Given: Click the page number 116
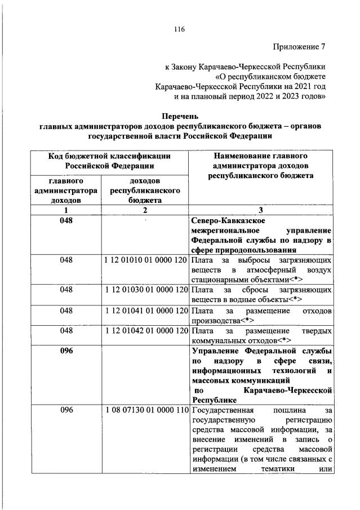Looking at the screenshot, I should [180, 29].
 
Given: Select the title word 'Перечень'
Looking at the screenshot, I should [180, 117].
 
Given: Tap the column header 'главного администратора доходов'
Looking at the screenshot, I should [66, 190].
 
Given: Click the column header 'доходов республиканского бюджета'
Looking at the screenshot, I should [145, 190].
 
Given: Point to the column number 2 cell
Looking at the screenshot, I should [145, 210].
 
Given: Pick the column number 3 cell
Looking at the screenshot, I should [261, 210].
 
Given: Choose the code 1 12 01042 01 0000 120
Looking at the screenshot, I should [145, 331].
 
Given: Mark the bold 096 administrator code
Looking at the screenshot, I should [66, 351].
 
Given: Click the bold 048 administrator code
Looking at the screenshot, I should [66, 220].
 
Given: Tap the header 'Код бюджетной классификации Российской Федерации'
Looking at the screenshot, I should [109, 161].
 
